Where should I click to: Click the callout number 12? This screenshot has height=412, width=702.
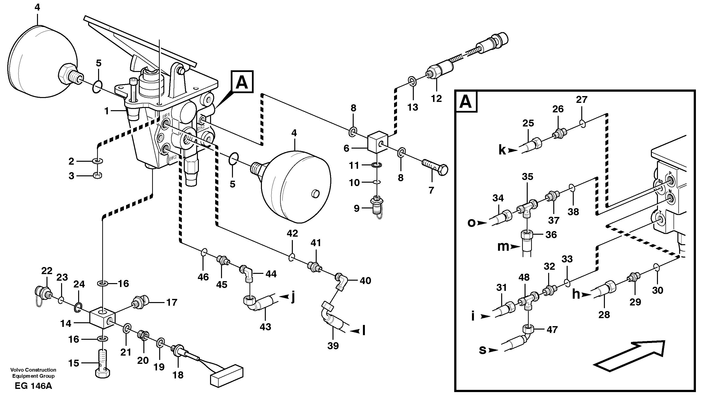click(436, 98)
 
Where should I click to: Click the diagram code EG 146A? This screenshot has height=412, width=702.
click(33, 386)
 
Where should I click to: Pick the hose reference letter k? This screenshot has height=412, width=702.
click(502, 150)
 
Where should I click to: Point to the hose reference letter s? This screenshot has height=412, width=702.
click(482, 350)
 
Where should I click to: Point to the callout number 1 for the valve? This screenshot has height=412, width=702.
click(106, 111)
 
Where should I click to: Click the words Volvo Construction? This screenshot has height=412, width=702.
click(33, 370)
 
